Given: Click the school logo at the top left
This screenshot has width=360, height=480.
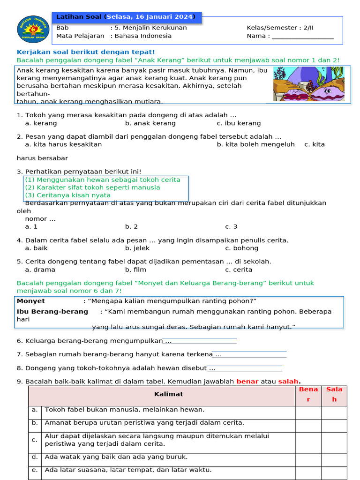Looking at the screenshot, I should click(x=33, y=29).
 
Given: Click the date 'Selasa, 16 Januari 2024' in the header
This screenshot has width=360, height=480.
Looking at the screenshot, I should click(x=149, y=17).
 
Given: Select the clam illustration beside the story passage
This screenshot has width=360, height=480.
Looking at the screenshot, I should click(x=308, y=84).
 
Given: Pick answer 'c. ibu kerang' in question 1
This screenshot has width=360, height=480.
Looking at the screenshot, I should click(x=239, y=123).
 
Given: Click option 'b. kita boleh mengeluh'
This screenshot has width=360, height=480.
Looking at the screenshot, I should click(x=255, y=144).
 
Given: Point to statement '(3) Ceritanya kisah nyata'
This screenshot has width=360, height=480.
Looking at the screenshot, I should click(x=67, y=195).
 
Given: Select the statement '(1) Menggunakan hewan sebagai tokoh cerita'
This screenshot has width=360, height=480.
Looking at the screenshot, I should click(x=102, y=180).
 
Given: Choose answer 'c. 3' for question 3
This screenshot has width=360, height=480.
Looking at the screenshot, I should click(x=231, y=227).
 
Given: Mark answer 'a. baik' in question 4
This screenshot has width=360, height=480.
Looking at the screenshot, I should click(x=36, y=248).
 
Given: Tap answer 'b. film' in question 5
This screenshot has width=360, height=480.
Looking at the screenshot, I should click(x=135, y=270).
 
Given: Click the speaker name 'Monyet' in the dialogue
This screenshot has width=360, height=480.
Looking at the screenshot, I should click(x=31, y=301).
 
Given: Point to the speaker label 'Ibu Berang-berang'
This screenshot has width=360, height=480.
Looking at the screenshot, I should click(x=52, y=312).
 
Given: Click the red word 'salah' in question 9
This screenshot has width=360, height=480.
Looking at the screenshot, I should click(x=288, y=382).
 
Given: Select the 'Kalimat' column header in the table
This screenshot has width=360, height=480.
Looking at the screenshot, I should click(x=168, y=394).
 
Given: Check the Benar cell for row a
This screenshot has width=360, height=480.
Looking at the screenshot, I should click(x=308, y=412).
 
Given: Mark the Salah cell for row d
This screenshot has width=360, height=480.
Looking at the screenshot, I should click(x=334, y=457).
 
